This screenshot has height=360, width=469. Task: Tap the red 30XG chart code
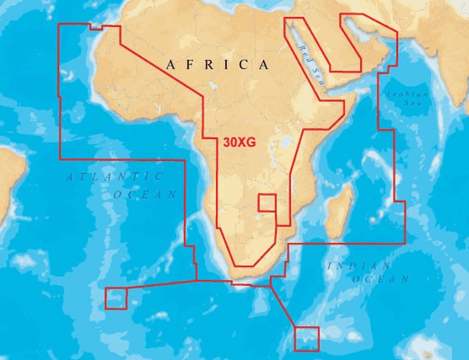[x=239, y=143]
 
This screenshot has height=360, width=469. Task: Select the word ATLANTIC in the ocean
[x=115, y=177]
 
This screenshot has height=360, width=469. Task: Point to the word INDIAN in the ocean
[x=359, y=266]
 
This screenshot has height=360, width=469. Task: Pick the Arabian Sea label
[x=406, y=98]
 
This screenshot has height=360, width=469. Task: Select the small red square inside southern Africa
[x=267, y=203]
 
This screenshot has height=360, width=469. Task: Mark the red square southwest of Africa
[x=116, y=298]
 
